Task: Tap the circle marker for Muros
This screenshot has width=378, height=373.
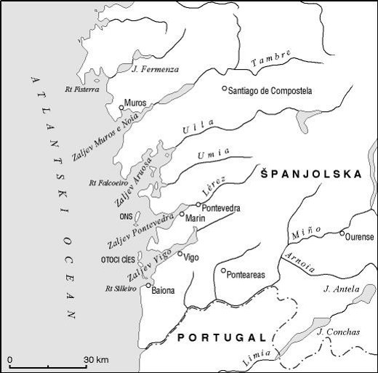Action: (x=121, y=108)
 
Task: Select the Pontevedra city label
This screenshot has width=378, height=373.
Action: (x=222, y=207)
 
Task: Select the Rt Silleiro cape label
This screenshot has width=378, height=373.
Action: (x=121, y=289)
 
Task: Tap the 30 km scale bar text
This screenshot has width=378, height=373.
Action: (x=95, y=360)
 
